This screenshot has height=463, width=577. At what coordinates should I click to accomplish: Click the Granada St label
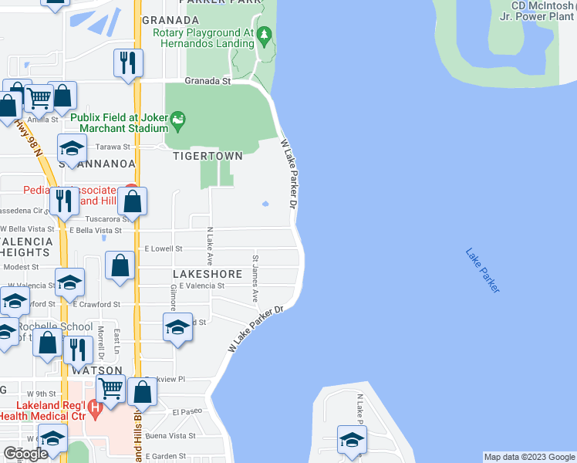[x=208, y=80]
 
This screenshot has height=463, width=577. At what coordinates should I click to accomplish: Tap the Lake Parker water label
[x=483, y=269]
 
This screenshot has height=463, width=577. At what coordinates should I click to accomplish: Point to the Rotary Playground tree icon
[x=265, y=35]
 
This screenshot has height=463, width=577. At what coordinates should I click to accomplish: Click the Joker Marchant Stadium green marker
[x=179, y=119]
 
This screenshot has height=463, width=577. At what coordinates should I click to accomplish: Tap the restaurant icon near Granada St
[x=128, y=63]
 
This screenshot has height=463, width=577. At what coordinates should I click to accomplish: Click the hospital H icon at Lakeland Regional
[x=94, y=407]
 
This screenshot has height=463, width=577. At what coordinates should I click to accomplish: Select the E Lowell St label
[x=163, y=249]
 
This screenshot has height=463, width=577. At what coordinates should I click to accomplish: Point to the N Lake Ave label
[x=209, y=247]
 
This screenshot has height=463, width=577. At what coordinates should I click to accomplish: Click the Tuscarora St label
[x=96, y=218]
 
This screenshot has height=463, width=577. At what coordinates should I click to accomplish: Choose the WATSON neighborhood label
[x=97, y=370]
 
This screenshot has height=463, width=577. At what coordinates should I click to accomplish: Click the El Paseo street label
[x=187, y=412]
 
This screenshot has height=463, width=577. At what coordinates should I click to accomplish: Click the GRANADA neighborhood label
[x=170, y=19]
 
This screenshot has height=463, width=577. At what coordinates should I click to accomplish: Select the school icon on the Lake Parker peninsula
[x=352, y=440]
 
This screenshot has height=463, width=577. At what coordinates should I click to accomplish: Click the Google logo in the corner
[x=25, y=454]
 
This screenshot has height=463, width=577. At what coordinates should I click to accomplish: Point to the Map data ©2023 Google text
[x=528, y=457]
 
